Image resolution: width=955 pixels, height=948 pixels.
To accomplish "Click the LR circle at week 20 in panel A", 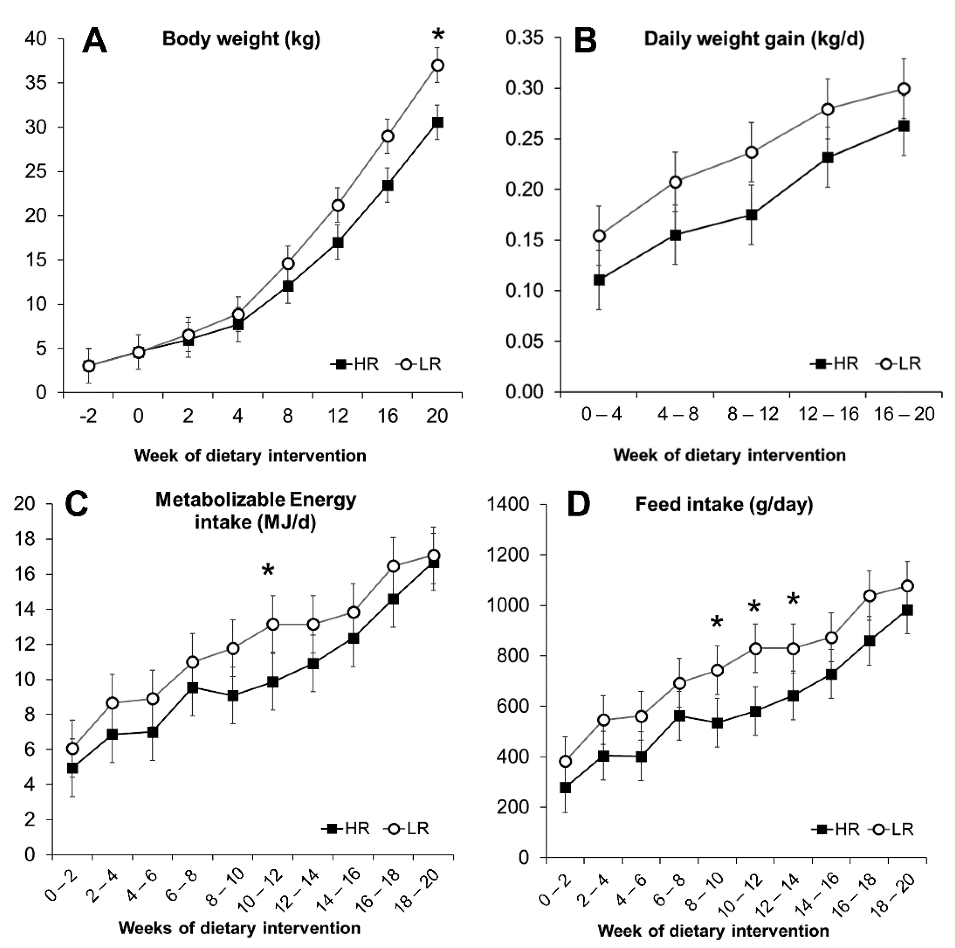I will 437,65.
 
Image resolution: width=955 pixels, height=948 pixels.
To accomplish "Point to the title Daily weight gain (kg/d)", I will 754,40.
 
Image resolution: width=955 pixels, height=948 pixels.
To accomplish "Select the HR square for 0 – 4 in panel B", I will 599,280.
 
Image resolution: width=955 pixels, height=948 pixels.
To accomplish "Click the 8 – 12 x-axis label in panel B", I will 752,414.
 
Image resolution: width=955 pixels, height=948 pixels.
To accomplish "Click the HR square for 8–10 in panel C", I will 233,696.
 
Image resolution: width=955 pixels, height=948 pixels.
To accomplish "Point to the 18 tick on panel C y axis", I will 25,539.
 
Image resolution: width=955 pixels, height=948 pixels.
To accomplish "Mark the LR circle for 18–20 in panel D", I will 907,586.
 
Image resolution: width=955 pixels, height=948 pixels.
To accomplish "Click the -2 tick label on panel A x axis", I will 88,416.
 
